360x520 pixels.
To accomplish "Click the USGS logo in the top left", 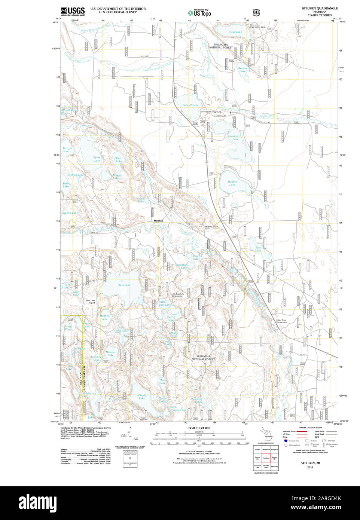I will coord(73,11).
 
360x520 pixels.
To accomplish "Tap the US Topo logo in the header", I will coord(199,13).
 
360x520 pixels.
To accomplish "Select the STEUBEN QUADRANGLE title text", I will coord(320,8).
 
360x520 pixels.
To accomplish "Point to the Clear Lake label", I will coord(235,32).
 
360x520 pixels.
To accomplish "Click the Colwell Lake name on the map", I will coord(190,105).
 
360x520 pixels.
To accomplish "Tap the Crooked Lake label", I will coord(234,138).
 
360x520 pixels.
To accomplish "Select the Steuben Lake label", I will coord(232,183).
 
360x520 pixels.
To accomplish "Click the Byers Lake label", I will coord(97,159).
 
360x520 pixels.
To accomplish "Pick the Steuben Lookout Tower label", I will coord(211,227).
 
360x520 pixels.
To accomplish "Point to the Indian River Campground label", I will coord(281,321).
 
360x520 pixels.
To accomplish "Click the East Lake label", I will coord(258,249).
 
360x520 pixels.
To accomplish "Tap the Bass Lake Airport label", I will coord(90,302).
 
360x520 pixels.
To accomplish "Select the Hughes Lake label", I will coord(104,317).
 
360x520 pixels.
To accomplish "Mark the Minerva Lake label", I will coord(110,354).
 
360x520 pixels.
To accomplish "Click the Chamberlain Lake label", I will coord(88,395).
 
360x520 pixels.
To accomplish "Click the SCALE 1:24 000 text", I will coord(199,428).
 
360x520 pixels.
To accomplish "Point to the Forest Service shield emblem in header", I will coord(256,12).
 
